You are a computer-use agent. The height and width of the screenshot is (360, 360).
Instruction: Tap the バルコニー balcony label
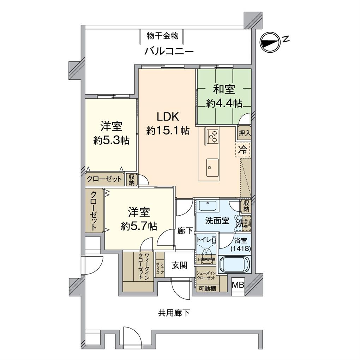pos(169,52)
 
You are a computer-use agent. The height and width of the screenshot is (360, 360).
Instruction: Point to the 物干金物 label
pos(163,36)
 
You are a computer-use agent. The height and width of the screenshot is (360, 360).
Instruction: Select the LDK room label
pos(168,117)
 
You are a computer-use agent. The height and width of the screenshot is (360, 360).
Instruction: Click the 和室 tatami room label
pos(224,89)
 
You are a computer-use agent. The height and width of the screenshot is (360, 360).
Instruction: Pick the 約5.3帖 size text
pos(111,140)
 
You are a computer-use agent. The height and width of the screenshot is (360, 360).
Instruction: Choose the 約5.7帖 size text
pos(139,226)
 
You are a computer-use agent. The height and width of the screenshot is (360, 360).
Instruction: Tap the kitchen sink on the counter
pos(212,164)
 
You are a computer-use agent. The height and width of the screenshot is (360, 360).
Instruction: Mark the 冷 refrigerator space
pos(243,149)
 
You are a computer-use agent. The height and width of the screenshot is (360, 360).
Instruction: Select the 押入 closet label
pos(244,133)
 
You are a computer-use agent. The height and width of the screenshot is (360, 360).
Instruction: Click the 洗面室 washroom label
pos(217,221)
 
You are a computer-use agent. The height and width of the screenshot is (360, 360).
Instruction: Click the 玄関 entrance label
pos(179,265)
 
